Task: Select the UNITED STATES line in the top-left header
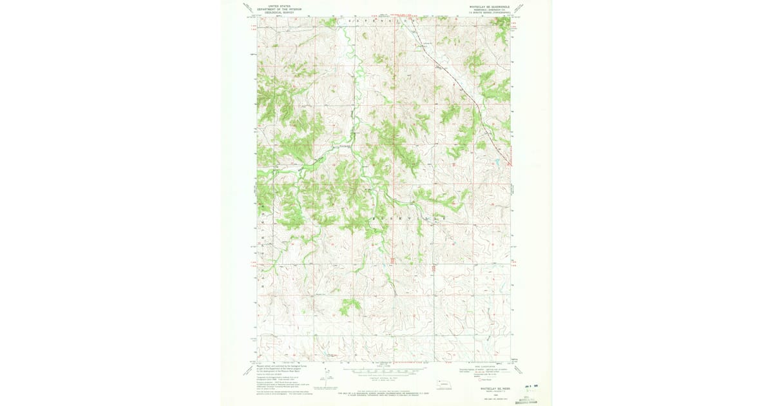(x=279, y=5)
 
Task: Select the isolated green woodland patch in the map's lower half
(x=350, y=305)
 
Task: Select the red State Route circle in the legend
(x=480, y=380)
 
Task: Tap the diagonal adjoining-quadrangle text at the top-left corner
(x=249, y=8)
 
